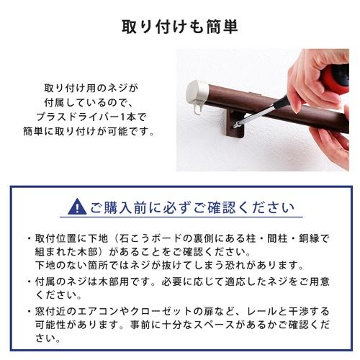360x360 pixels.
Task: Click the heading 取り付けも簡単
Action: pos(179,27)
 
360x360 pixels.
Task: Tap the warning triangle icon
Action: pos(76,207)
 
